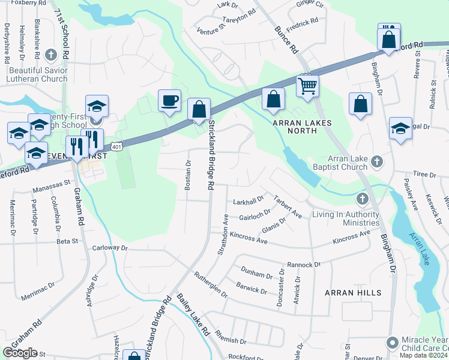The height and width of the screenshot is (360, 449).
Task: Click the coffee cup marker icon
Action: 169,99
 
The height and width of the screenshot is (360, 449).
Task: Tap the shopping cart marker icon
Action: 307,85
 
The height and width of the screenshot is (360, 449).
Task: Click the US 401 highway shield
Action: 116,146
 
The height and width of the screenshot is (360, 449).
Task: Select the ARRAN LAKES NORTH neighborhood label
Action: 303,123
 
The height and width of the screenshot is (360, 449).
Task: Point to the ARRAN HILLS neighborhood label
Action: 352,293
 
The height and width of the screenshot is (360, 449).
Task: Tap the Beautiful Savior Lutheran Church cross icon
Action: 51,55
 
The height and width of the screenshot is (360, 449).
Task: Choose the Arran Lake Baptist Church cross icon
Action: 376,161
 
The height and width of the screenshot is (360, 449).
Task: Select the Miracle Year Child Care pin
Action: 393,343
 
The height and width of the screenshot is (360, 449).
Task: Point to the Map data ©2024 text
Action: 424,355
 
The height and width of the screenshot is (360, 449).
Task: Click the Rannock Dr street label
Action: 304,264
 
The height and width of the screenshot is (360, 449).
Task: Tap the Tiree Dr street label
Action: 424,174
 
